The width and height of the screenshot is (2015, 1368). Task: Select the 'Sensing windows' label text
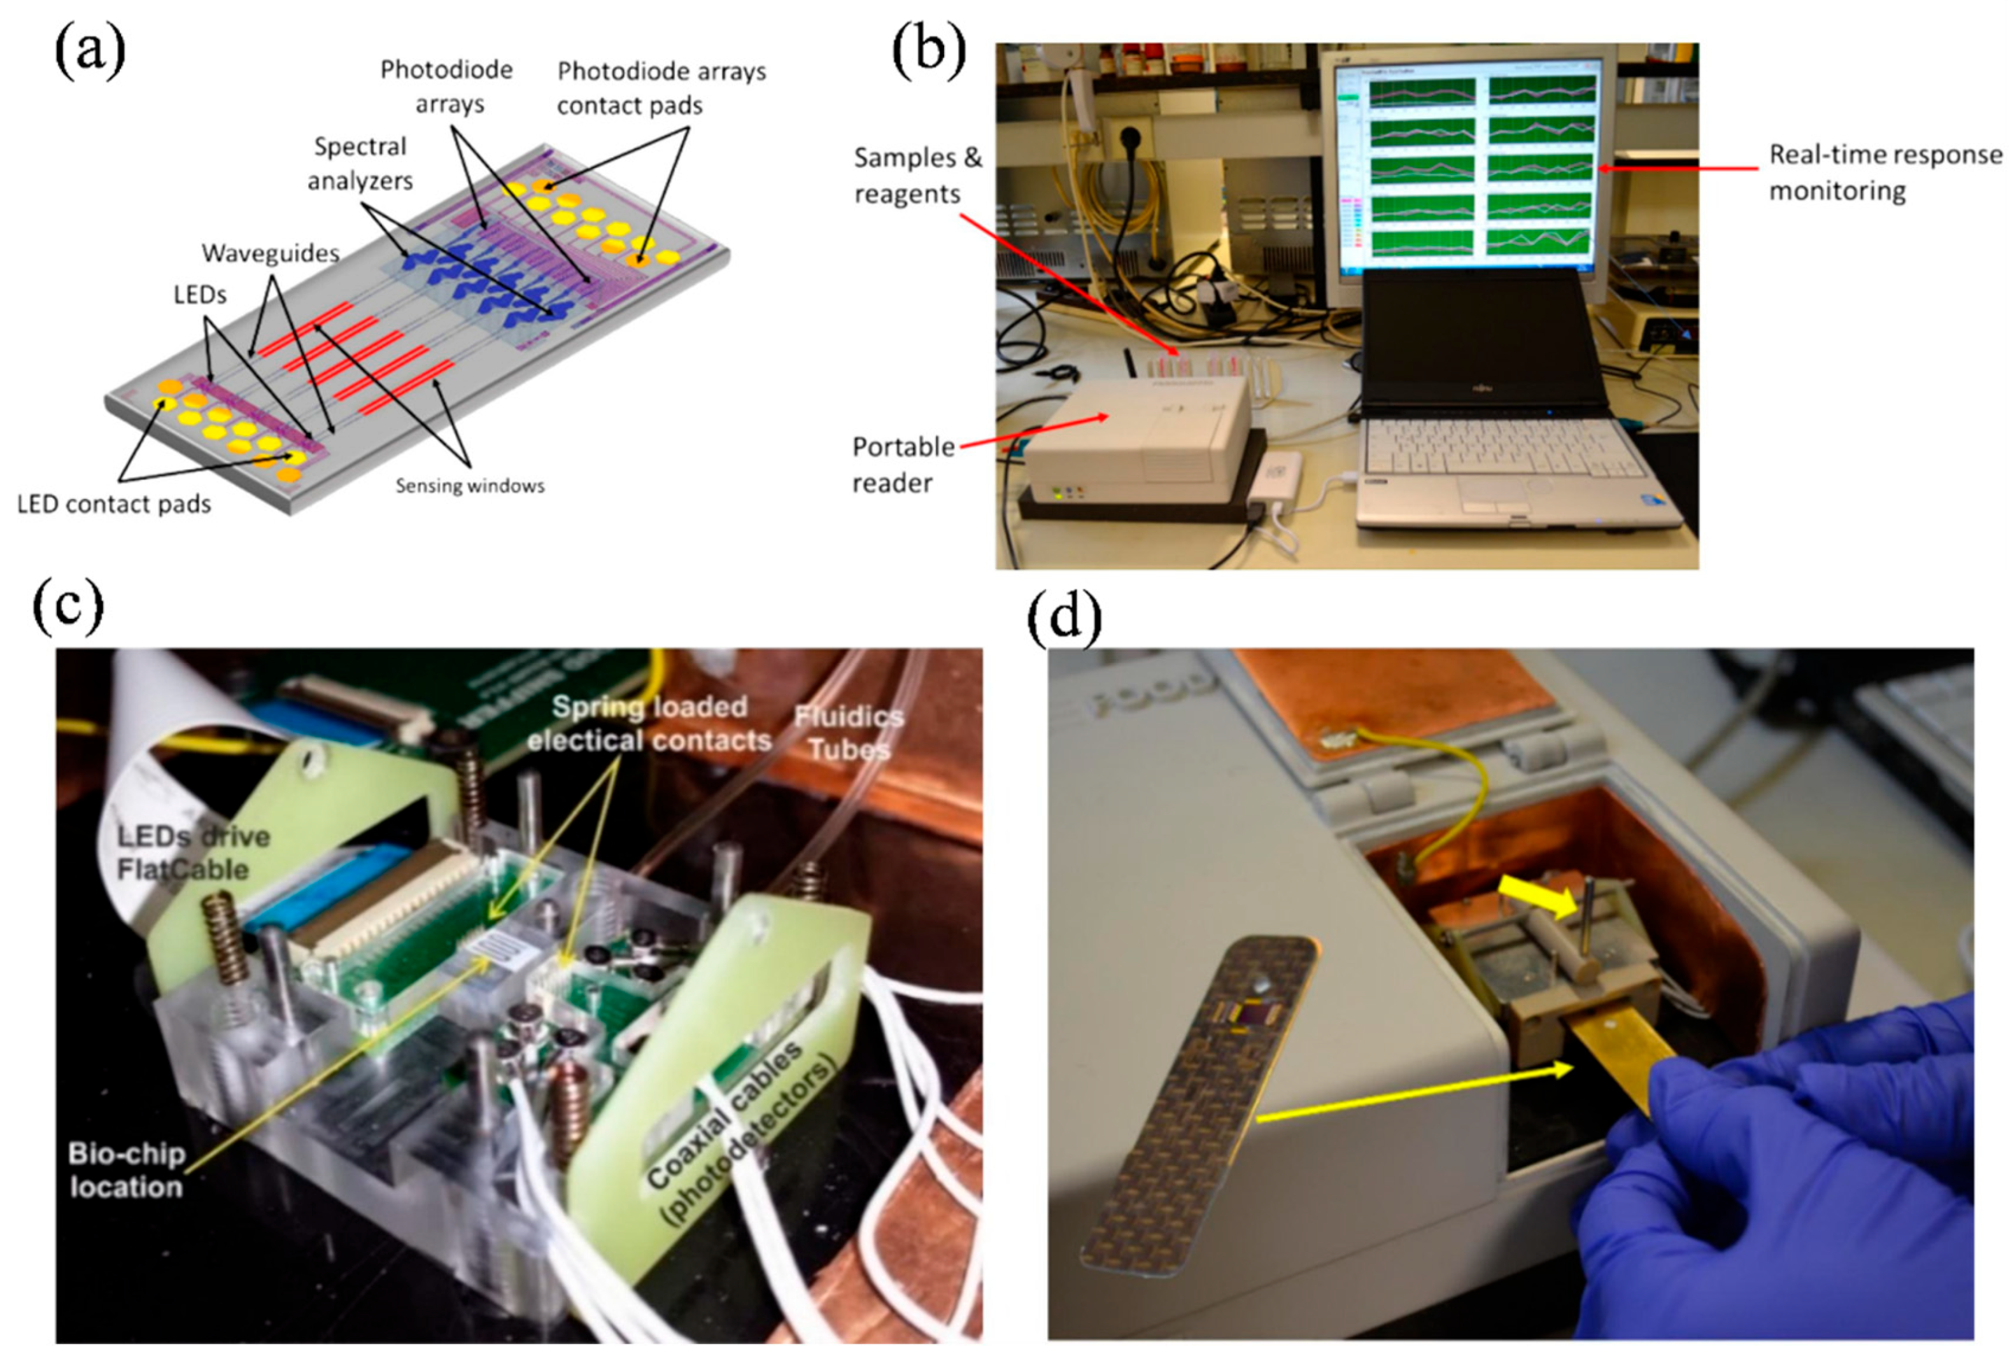pyautogui.click(x=470, y=486)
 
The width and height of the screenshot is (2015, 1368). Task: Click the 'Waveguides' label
pyautogui.click(x=270, y=254)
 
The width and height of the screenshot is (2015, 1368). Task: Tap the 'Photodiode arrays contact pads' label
pyautogui.click(x=661, y=88)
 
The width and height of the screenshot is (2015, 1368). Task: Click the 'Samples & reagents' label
pyautogui.click(x=917, y=175)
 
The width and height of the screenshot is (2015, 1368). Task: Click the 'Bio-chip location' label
pyautogui.click(x=127, y=1170)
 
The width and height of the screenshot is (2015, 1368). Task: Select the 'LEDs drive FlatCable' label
pyautogui.click(x=192, y=853)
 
